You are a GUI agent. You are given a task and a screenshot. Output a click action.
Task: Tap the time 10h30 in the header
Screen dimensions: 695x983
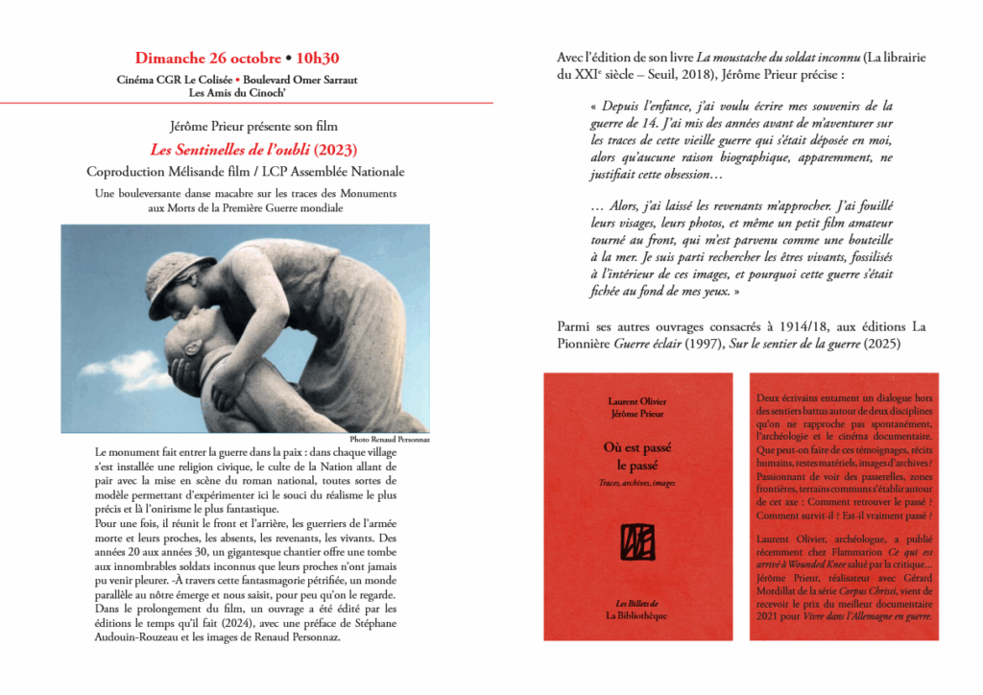click(x=325, y=59)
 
